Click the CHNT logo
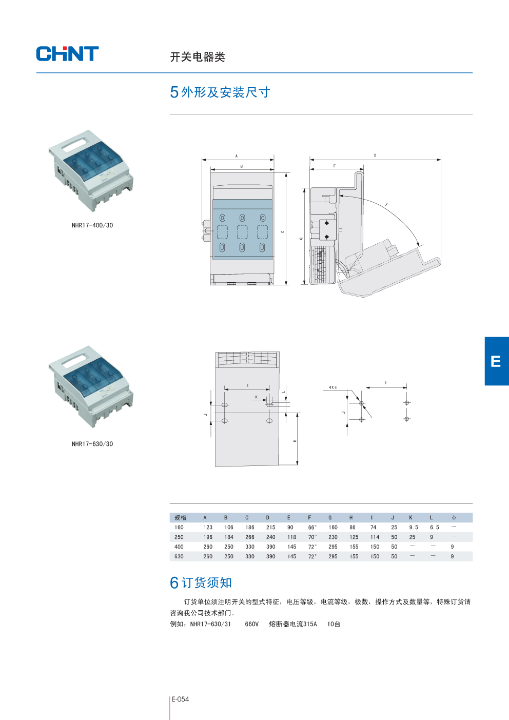[67, 54]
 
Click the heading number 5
[174, 92]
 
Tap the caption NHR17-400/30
[92, 225]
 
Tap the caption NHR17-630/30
[92, 444]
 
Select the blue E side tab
[496, 361]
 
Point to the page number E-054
[181, 699]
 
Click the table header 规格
[181, 518]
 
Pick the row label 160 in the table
[179, 528]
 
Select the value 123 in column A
[208, 528]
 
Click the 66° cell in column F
[312, 528]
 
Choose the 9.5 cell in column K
[414, 528]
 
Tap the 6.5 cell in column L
[435, 528]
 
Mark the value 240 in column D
[271, 537]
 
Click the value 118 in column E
[292, 537]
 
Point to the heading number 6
[174, 583]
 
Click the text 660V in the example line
[252, 624]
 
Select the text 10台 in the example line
[334, 624]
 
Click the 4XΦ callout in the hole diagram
[333, 387]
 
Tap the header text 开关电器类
[198, 57]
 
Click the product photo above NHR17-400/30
[91, 170]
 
